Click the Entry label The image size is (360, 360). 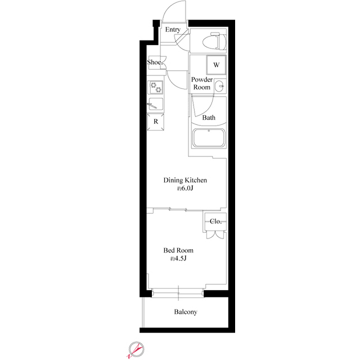coord(173,30)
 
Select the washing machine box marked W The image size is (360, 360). coord(216,65)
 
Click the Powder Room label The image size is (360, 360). coord(202,83)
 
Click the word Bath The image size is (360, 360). coord(209,118)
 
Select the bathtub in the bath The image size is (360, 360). coord(209,138)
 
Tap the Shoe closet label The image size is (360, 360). coord(155,62)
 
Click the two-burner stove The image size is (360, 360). coord(156,88)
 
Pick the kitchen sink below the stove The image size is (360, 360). coord(156,104)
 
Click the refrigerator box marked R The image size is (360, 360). coord(156,121)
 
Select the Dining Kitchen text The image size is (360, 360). coord(186,180)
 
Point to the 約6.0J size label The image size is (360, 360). coord(186,188)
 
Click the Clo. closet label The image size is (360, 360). coord(215,221)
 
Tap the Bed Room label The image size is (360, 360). coord(178,250)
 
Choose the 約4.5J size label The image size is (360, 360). coord(178,259)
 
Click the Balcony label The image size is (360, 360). coord(185,312)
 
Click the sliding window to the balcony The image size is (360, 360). coord(177,292)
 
